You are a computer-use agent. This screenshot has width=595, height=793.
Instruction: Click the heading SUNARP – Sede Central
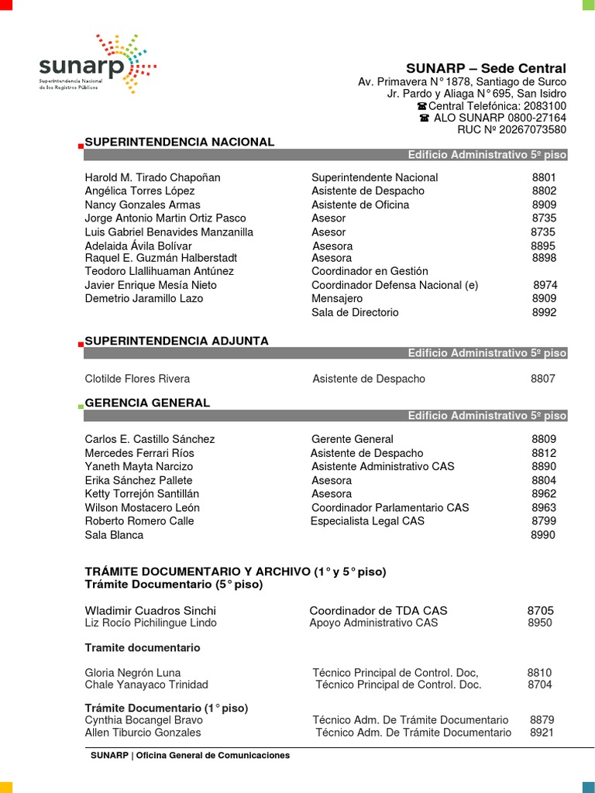486,69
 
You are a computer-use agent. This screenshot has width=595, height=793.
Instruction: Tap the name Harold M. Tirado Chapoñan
153,177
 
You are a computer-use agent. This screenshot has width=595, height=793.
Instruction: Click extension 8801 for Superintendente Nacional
544,177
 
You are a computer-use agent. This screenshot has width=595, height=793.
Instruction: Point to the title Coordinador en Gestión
370,272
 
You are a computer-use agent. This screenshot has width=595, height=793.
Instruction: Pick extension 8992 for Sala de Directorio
544,313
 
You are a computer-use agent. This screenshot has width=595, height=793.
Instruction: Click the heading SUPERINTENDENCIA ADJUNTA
177,341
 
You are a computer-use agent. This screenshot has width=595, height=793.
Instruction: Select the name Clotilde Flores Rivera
137,379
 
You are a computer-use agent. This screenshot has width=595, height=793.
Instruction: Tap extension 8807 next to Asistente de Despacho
542,379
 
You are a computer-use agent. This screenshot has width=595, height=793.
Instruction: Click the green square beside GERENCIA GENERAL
81,406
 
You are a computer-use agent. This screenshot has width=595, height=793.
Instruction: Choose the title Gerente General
353,439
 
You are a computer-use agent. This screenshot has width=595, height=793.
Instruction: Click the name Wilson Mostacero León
143,508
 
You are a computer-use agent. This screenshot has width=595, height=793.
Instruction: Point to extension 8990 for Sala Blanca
542,535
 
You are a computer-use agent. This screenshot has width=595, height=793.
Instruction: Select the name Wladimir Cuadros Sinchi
150,611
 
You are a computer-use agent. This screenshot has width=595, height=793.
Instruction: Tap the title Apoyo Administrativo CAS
373,623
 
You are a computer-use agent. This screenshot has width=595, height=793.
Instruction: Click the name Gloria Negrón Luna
132,673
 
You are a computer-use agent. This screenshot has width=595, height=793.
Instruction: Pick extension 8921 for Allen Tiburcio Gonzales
542,733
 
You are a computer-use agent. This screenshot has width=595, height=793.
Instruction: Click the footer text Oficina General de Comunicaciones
213,755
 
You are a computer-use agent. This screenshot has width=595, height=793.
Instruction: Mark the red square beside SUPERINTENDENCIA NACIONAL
81,146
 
